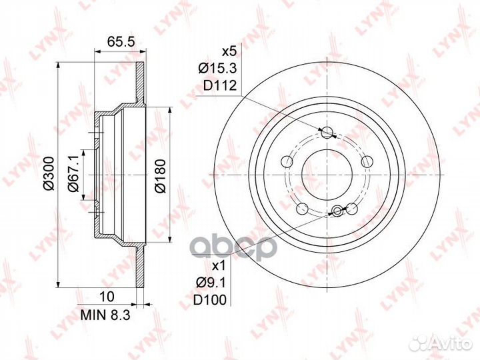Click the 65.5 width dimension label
point(121,41)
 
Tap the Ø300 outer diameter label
point(49,173)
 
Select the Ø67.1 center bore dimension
point(74,173)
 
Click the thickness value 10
point(107,296)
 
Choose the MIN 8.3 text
point(105,315)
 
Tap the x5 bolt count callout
point(229,52)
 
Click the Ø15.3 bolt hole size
point(217,69)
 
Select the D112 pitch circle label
point(220,85)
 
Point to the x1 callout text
point(219,266)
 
